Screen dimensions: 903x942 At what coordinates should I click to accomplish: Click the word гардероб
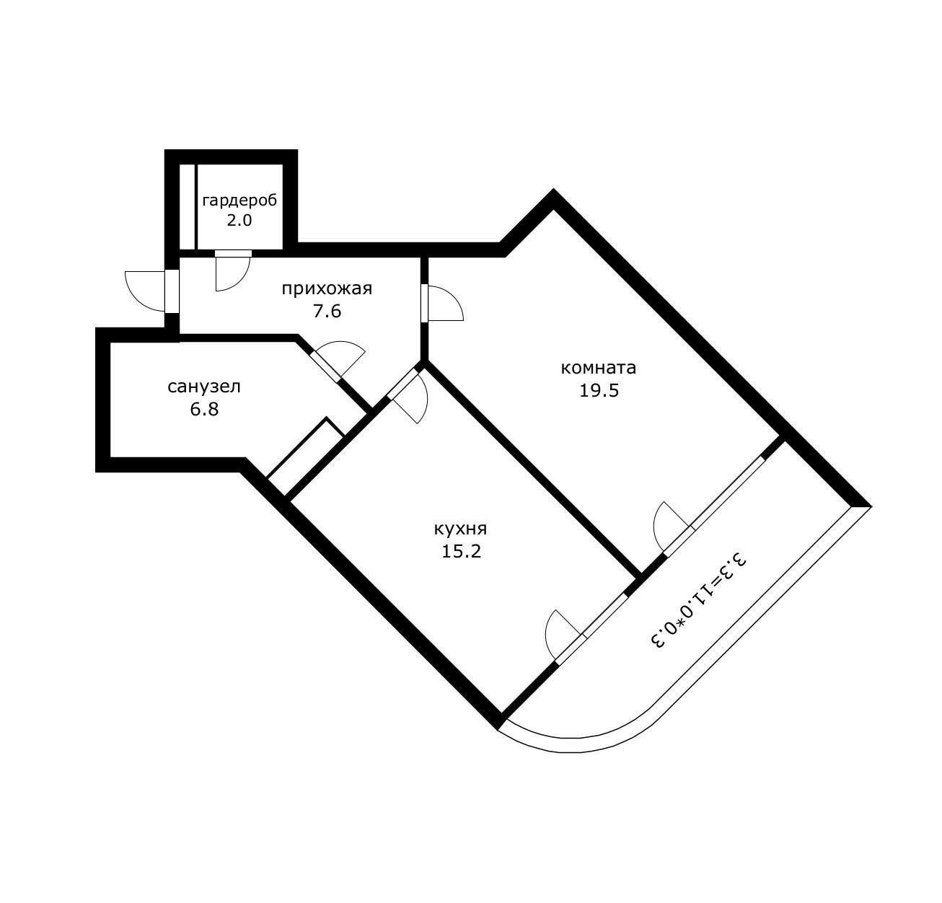[x=239, y=201]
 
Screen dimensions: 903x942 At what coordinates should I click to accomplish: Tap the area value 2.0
[x=239, y=221]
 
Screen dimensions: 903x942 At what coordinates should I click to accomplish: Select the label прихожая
[x=327, y=289]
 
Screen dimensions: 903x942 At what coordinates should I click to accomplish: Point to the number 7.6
[x=327, y=312]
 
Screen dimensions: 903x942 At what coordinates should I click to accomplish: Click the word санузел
[x=204, y=387]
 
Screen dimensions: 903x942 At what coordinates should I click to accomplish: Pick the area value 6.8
[x=204, y=410]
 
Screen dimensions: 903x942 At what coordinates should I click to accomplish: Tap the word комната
[x=599, y=368]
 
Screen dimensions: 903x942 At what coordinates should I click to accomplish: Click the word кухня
[x=460, y=529]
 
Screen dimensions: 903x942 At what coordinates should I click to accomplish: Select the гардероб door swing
[x=231, y=272]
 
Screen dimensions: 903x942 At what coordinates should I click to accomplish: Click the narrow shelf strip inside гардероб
[x=187, y=207]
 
